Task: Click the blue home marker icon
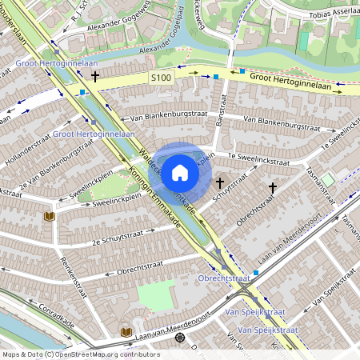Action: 180,172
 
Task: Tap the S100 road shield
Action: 161,78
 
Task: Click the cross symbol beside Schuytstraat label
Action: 220,183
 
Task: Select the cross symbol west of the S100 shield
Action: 96,77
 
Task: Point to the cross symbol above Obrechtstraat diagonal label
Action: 272,188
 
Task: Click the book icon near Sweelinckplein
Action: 49,216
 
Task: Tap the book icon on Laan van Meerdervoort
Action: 126,331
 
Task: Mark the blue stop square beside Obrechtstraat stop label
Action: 256,273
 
